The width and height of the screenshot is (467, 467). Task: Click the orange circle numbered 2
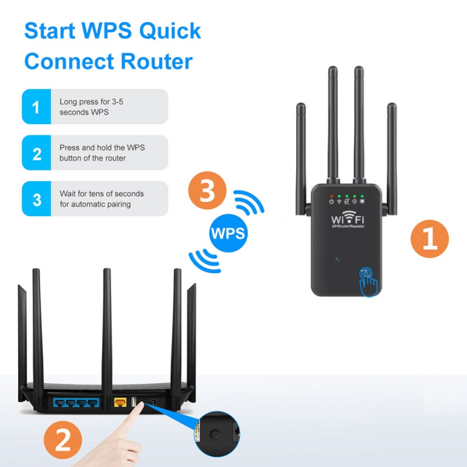tap(63, 440)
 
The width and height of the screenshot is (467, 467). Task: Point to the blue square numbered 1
tap(36, 107)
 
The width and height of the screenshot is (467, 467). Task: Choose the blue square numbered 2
tap(36, 153)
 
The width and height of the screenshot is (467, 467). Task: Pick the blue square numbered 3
tap(36, 198)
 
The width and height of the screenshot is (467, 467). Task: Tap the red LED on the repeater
tap(331, 196)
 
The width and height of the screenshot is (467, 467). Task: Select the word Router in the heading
tap(155, 61)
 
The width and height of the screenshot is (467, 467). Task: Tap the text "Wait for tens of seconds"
tap(101, 193)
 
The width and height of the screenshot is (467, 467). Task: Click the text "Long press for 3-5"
tap(91, 102)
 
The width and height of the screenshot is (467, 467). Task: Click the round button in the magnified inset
tap(215, 433)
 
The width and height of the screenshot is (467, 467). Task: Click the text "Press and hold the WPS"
tap(102, 147)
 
